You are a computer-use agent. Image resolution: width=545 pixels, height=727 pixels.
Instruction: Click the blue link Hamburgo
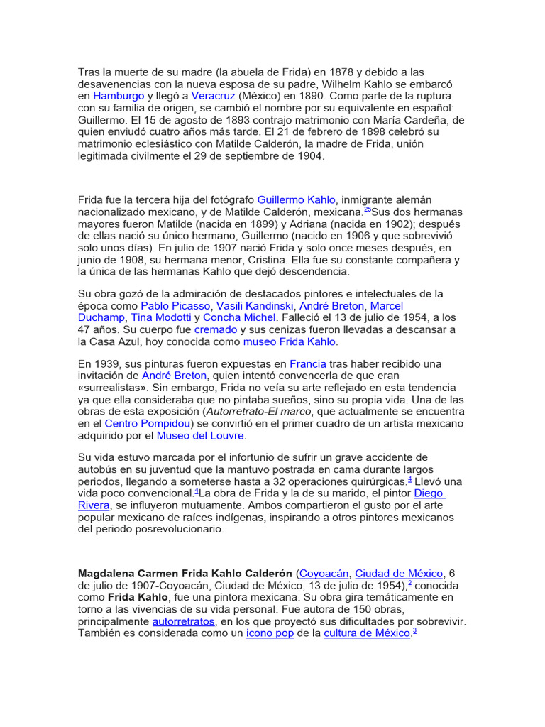pos(119,95)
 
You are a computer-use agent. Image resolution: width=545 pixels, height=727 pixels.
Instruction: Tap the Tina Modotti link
pos(161,317)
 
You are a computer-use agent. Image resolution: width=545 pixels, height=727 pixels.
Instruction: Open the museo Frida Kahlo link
pos(290,342)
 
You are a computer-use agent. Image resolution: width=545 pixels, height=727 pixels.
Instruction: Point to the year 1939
pos(105,363)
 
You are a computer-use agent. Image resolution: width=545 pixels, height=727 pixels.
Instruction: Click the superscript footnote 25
pos(367,210)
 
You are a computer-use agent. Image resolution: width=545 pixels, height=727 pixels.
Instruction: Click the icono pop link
pos(270,633)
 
